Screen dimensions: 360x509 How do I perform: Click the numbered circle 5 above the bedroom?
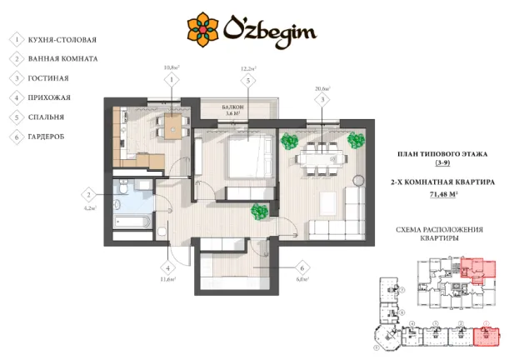click(248, 80)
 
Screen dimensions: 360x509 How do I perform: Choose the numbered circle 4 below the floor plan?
click(168, 268)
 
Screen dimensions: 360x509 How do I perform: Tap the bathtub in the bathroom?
click(131, 222)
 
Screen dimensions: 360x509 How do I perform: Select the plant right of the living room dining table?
click(356, 139)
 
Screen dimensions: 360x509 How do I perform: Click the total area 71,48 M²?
click(442, 195)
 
